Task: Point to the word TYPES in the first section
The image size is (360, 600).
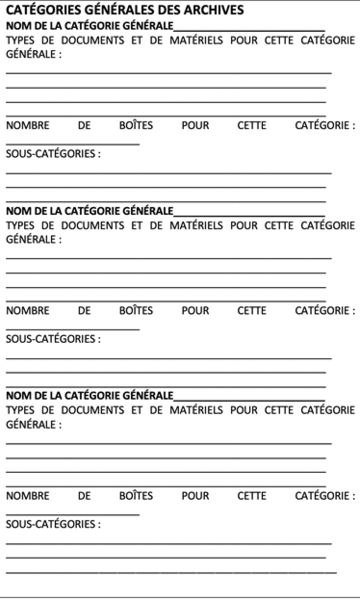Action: click(x=24, y=40)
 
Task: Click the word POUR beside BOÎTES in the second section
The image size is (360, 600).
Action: click(x=195, y=311)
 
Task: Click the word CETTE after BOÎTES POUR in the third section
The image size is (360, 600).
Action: click(x=252, y=496)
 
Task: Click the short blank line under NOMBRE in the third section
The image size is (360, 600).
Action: click(x=72, y=513)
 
